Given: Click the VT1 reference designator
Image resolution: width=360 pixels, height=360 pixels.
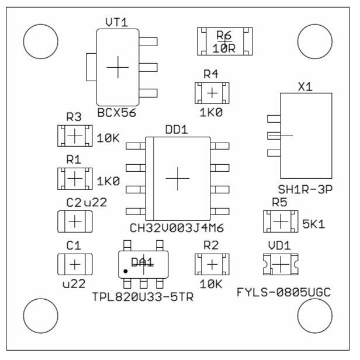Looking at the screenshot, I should coord(116,22).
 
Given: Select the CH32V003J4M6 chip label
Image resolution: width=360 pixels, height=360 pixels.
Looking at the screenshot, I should coord(177,227).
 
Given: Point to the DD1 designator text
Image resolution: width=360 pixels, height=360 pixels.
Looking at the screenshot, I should coord(176,130).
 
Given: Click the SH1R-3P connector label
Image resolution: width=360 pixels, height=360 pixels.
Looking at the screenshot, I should coord(301,188).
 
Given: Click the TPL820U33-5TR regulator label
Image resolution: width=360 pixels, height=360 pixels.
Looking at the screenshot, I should coord(143,296).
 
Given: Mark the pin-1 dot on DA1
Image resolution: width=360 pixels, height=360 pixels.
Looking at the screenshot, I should coord(126,272).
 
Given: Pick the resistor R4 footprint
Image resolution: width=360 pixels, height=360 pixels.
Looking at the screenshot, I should coord(211,92).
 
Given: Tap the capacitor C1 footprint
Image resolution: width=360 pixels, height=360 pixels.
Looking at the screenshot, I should coord(74,264).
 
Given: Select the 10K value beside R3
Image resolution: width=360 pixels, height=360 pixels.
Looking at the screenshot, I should coord(108,139).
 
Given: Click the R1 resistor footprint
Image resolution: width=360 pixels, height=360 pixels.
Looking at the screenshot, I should coord(74,178).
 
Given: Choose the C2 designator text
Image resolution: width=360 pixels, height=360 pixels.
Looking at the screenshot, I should coord(74,203).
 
